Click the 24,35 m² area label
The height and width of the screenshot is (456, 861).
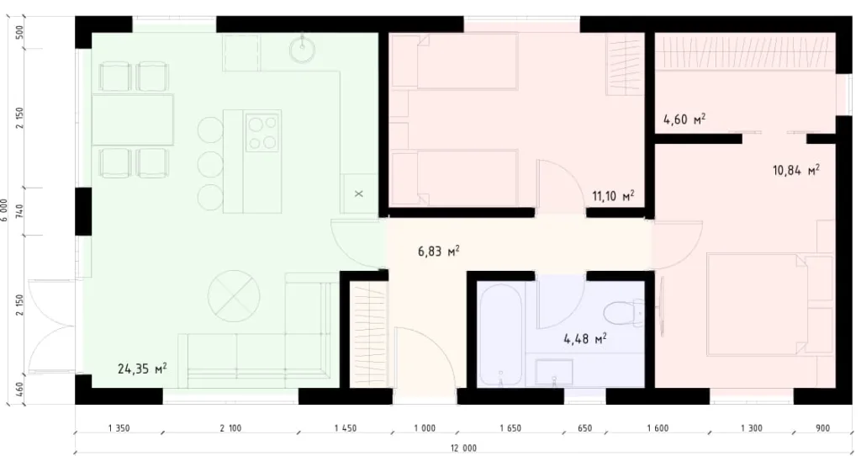(141, 368)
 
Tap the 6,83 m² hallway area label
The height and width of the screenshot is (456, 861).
(438, 250)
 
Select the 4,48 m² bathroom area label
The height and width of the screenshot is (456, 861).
(585, 339)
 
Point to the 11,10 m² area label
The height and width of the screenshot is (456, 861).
(613, 196)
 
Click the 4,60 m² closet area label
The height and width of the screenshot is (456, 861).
(684, 119)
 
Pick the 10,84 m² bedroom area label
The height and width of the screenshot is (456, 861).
(795, 171)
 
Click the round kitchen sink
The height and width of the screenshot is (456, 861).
(302, 50)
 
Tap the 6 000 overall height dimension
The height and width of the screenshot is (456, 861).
(6, 209)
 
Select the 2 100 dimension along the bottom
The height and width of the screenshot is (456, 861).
(230, 428)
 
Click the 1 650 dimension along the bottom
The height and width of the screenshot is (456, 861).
(510, 428)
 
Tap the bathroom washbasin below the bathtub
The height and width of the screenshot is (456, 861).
(554, 371)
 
